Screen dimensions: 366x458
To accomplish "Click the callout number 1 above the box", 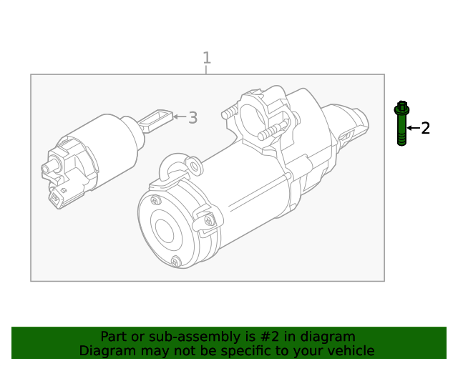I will pyautogui.click(x=207, y=58).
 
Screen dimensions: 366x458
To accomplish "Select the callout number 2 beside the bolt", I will pyautogui.click(x=425, y=128).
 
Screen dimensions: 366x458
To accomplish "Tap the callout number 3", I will pyautogui.click(x=192, y=118).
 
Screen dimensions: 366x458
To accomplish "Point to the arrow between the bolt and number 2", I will pyautogui.click(x=413, y=128).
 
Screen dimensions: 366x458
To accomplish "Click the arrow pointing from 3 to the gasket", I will pyautogui.click(x=179, y=117).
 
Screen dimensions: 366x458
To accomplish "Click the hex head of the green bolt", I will pyautogui.click(x=402, y=109).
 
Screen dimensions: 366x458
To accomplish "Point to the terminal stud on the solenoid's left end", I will pyautogui.click(x=49, y=169).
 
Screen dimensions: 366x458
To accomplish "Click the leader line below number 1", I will pyautogui.click(x=207, y=70).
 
